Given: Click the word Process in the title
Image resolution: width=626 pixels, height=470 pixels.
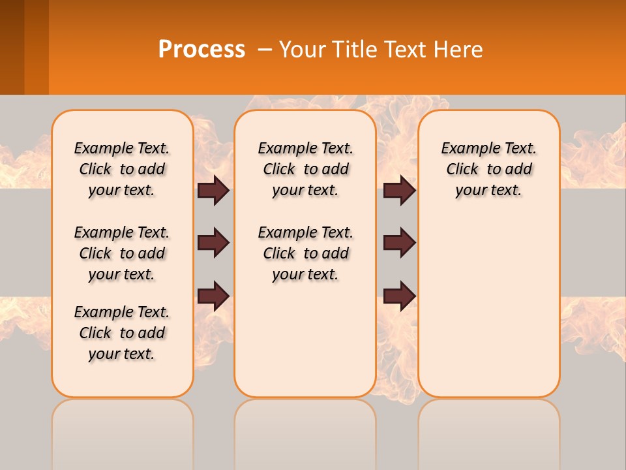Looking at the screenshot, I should click(x=201, y=50).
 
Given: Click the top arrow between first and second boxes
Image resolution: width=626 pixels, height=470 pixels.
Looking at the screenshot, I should click(x=213, y=190).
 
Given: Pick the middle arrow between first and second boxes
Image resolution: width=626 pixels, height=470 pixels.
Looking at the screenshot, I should click(x=213, y=243).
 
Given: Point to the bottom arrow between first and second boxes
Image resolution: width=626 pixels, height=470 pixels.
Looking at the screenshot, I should click(x=213, y=295).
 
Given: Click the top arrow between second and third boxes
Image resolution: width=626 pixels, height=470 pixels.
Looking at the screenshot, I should click(x=400, y=190).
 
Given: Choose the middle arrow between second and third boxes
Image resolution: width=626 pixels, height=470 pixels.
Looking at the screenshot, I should click(x=400, y=243).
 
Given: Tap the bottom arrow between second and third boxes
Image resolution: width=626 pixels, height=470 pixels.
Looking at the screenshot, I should click(x=400, y=295).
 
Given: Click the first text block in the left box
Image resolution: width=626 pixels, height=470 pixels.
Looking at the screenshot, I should click(x=122, y=169).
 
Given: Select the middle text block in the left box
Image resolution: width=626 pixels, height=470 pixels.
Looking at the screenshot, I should click(x=122, y=253).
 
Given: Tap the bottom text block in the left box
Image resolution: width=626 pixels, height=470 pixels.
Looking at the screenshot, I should click(x=122, y=333).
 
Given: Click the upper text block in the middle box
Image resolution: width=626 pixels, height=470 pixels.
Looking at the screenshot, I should click(x=306, y=169).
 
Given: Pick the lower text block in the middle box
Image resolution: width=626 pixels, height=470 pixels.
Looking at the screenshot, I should click(x=306, y=253).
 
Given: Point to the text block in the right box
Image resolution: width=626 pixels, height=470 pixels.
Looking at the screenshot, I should click(x=489, y=169).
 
